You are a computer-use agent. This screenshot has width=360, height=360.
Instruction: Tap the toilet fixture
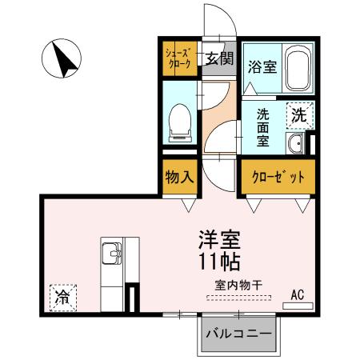click(179, 120)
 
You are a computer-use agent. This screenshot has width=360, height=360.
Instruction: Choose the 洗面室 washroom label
click(263, 126)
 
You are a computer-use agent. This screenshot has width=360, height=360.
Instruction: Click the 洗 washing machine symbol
click(298, 114)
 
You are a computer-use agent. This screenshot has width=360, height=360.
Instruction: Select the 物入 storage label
click(178, 176)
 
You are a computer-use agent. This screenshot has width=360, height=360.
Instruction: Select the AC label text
click(298, 294)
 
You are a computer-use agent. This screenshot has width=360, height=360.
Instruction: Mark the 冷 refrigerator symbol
click(62, 298)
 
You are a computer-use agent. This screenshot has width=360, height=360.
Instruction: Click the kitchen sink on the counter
click(112, 255)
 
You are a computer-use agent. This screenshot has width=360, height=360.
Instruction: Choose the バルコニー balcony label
click(238, 334)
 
